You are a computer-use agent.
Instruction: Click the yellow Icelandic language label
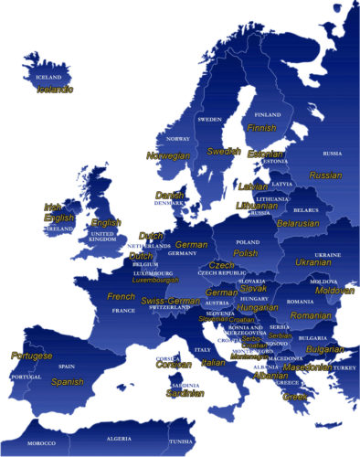coord(54,90)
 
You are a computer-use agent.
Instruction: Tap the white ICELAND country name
coord(48,78)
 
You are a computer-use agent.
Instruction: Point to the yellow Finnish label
coord(261,128)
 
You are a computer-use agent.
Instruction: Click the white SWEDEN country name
coord(210,119)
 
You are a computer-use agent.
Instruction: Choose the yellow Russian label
coord(325,175)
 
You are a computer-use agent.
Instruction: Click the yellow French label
coord(121,297)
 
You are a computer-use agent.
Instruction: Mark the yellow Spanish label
coord(68,382)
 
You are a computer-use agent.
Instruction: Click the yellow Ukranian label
coord(312,262)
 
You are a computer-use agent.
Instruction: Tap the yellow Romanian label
coord(312,315)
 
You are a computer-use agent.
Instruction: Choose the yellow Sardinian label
coord(185,394)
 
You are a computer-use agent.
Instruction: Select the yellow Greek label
coord(295,398)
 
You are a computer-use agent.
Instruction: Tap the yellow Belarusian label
coord(298,223)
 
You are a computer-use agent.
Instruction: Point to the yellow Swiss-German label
coord(171,301)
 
